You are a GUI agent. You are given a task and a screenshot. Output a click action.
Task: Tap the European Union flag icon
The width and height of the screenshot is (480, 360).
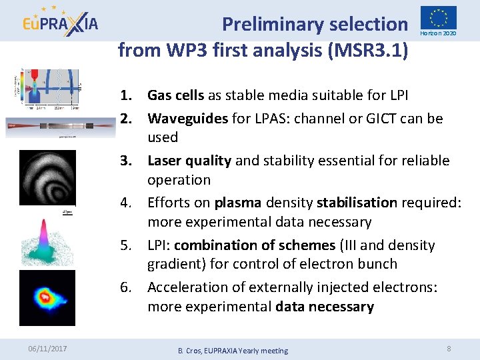[x=438, y=18]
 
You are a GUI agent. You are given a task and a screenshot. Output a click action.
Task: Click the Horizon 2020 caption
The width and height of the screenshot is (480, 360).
[x=438, y=33]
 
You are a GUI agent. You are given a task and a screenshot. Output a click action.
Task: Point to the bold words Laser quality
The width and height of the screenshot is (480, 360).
[x=189, y=161]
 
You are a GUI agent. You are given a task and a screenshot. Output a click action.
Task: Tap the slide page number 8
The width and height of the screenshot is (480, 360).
[x=449, y=348]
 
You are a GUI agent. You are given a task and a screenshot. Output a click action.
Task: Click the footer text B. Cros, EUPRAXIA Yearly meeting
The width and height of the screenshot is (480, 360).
[x=233, y=351]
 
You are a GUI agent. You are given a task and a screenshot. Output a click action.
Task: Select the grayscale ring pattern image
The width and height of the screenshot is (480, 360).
[x=47, y=177]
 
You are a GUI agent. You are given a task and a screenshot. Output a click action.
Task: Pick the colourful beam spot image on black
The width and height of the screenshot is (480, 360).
[x=47, y=297]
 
